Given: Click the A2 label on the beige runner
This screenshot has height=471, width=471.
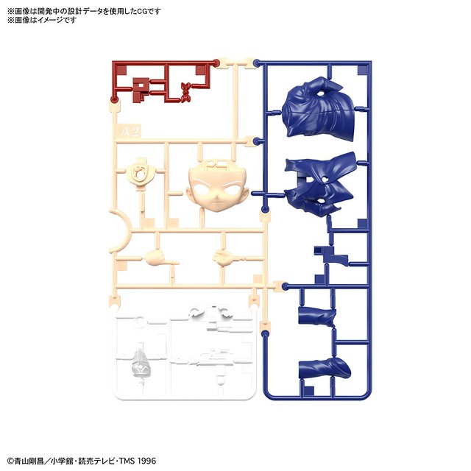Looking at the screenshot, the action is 130,131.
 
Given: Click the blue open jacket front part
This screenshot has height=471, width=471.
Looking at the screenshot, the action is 319,184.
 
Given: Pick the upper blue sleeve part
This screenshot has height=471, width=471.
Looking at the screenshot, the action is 317,316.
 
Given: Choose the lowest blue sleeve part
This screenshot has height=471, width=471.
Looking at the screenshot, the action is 325,368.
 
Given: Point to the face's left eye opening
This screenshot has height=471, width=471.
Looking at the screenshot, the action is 202,189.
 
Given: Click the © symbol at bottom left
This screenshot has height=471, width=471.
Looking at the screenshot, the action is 10,461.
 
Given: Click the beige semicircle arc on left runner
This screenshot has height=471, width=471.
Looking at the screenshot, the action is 121,231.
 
